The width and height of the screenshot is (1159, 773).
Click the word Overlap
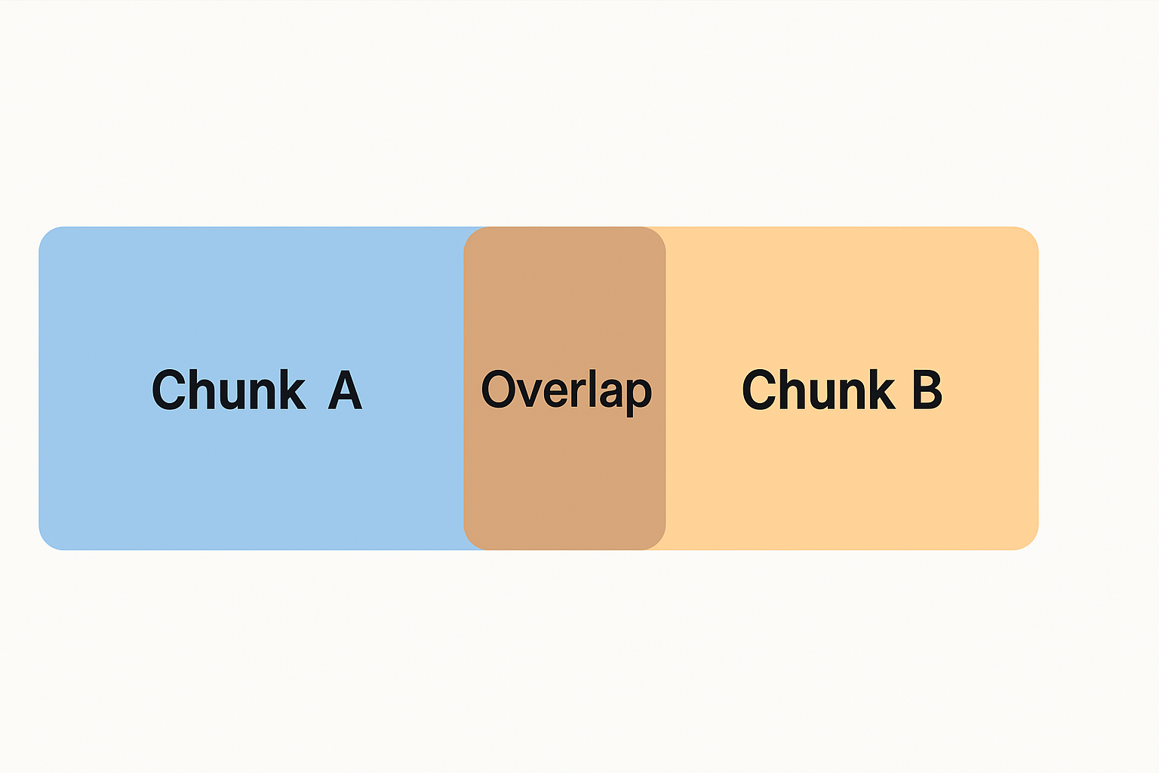(566, 390)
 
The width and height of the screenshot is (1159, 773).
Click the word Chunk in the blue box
(229, 390)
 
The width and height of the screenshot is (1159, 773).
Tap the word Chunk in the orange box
(819, 390)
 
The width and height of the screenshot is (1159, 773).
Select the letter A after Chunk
(345, 390)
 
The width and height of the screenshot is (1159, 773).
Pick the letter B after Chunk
(927, 390)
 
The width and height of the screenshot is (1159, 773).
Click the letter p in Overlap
(638, 395)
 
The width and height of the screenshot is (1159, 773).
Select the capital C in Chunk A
(168, 390)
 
